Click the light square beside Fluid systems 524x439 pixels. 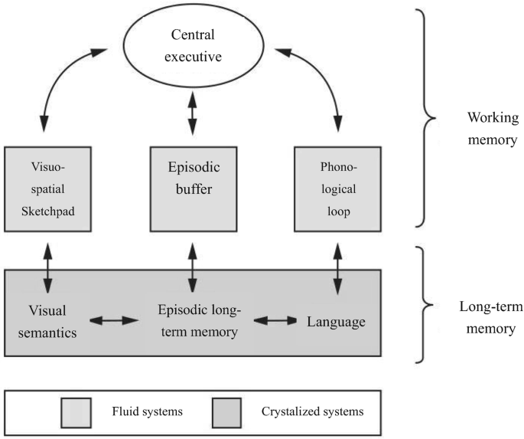pos(77,411)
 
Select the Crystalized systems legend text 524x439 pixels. pos(309,411)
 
